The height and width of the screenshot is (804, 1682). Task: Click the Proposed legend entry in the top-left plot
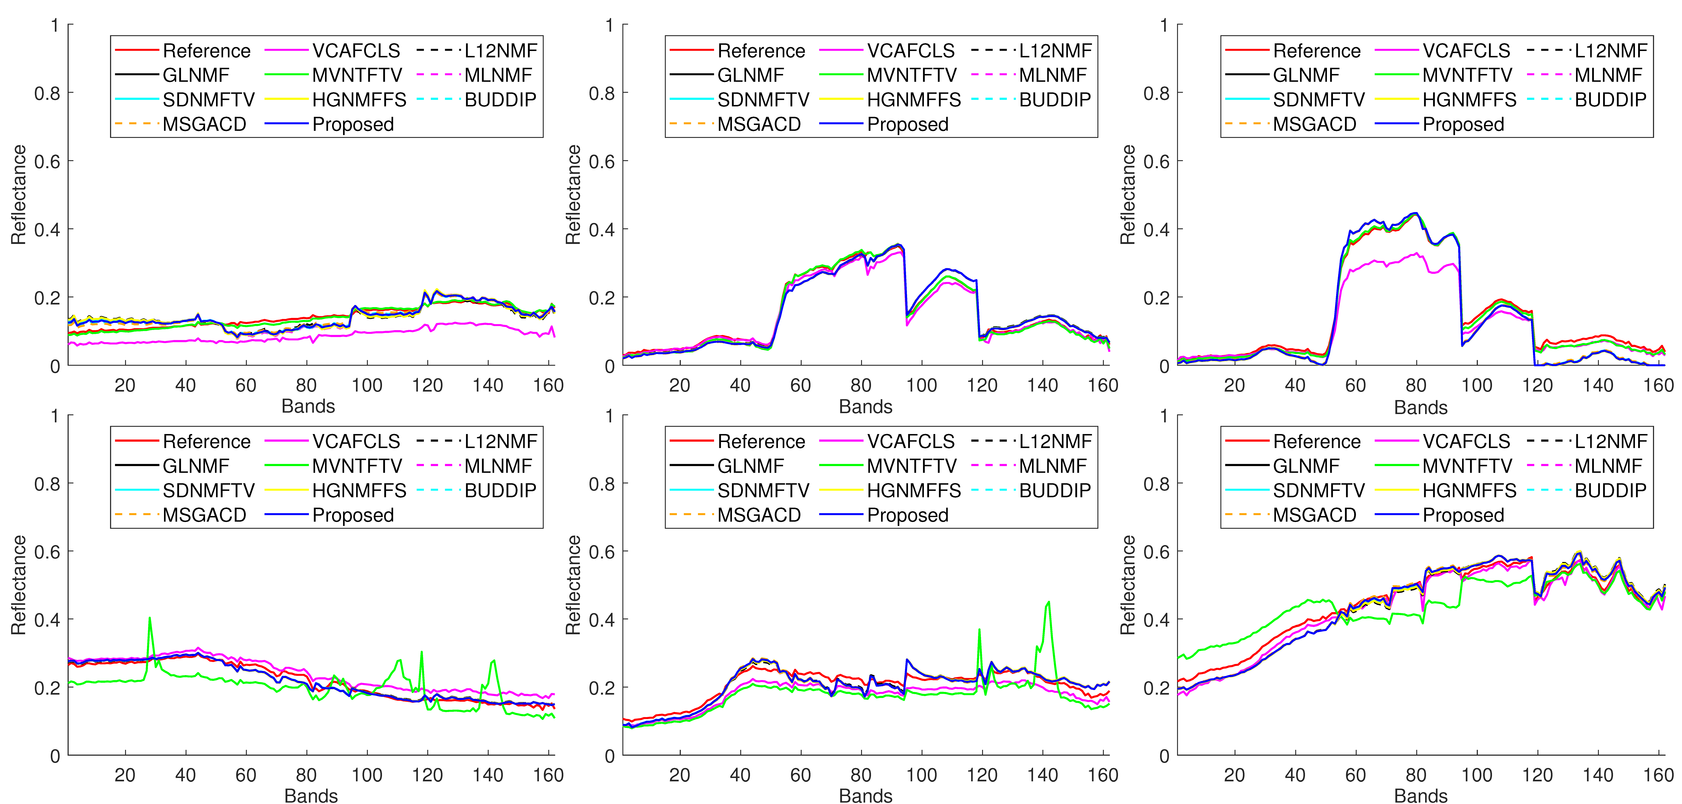click(x=353, y=124)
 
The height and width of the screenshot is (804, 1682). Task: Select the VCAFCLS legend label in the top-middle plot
click(x=910, y=51)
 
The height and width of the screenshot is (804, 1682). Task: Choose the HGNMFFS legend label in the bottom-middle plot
click(x=913, y=491)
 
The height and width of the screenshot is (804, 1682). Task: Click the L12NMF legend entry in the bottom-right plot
click(x=1610, y=441)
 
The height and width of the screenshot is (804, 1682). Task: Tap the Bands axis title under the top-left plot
click(x=308, y=406)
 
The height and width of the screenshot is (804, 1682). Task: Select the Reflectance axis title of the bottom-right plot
click(x=1128, y=585)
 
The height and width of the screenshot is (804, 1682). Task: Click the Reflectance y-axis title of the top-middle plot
click(x=573, y=195)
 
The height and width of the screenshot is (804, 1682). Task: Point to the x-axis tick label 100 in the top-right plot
click(x=1476, y=385)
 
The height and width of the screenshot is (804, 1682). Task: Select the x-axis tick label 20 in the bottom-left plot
click(x=125, y=775)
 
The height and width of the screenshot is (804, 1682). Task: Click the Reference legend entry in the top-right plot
click(x=1316, y=51)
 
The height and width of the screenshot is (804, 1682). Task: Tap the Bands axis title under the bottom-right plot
click(x=1421, y=796)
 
